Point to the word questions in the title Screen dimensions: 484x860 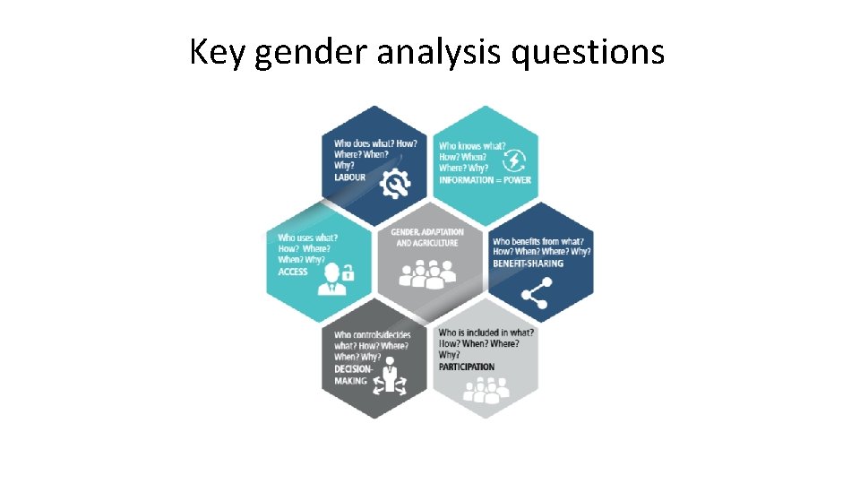588,54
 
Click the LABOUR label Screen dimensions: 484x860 350,177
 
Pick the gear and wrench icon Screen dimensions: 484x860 394,183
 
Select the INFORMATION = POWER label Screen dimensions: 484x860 485,180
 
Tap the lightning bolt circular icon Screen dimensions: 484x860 516,160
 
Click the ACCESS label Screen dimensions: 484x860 293,272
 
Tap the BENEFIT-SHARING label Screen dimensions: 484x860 529,264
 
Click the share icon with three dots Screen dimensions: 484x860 535,292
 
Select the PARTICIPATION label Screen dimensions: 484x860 466,367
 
